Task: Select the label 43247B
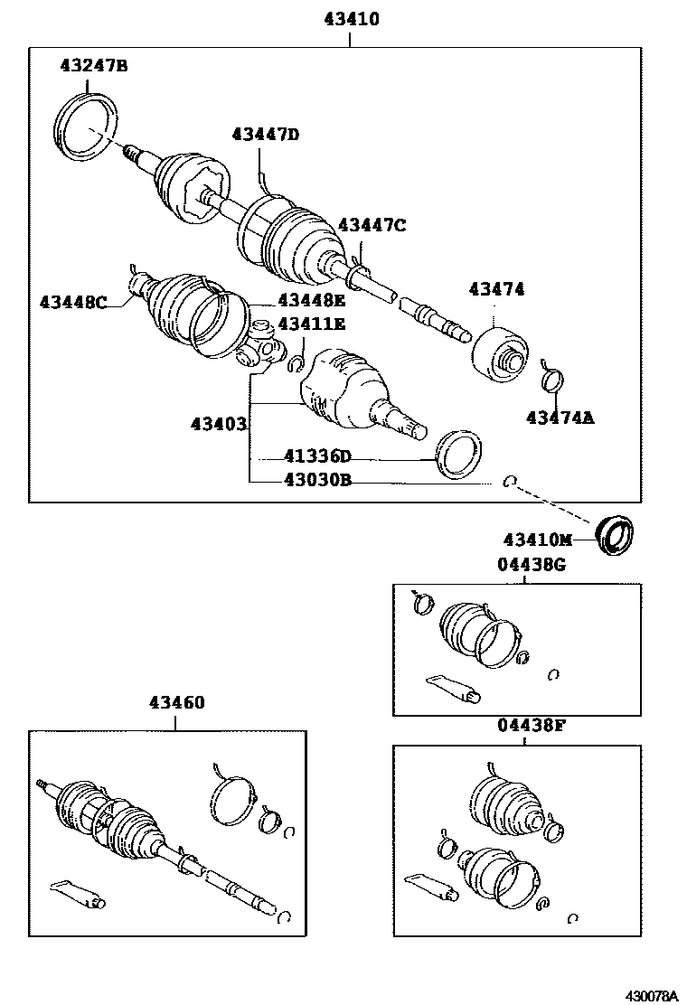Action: (94, 65)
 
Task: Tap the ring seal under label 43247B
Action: (88, 127)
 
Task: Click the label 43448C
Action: (73, 302)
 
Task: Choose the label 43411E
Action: (311, 324)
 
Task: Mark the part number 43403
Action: (218, 423)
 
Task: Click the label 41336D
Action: (316, 458)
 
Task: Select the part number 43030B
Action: (316, 481)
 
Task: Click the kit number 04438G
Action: (531, 564)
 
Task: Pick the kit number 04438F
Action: (531, 724)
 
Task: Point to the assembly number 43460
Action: (176, 702)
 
